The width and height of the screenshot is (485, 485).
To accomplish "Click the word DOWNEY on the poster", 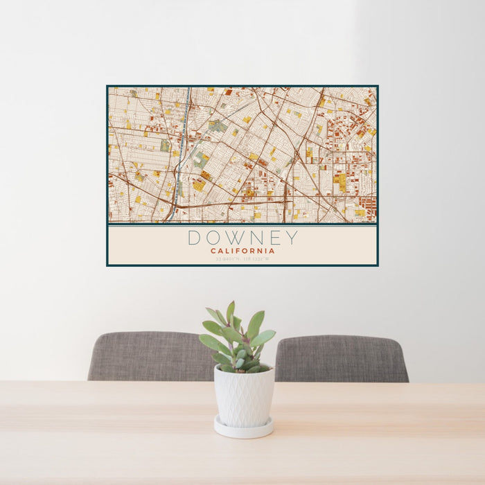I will click(x=242, y=238).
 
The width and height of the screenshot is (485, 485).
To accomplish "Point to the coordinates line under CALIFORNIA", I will click(x=242, y=258).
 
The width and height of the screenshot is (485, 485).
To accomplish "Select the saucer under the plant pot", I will click(x=243, y=430).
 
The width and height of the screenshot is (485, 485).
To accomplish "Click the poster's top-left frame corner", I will click(x=107, y=87).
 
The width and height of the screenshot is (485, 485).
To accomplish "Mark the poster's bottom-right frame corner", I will click(x=378, y=265).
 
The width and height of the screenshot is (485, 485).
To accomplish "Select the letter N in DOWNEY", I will click(x=254, y=238).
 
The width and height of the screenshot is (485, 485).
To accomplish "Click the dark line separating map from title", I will click(x=242, y=224).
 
